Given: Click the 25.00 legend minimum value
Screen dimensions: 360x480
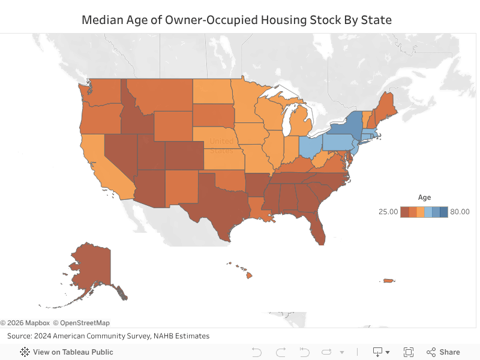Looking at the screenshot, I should (x=388, y=212).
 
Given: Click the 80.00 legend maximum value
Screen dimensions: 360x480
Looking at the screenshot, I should (x=460, y=212).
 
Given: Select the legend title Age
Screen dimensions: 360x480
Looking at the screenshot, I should (x=424, y=197).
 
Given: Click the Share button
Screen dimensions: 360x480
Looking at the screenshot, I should (x=443, y=352).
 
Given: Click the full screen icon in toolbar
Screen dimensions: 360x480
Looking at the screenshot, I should (x=409, y=352).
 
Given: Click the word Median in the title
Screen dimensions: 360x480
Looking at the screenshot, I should (x=100, y=20).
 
